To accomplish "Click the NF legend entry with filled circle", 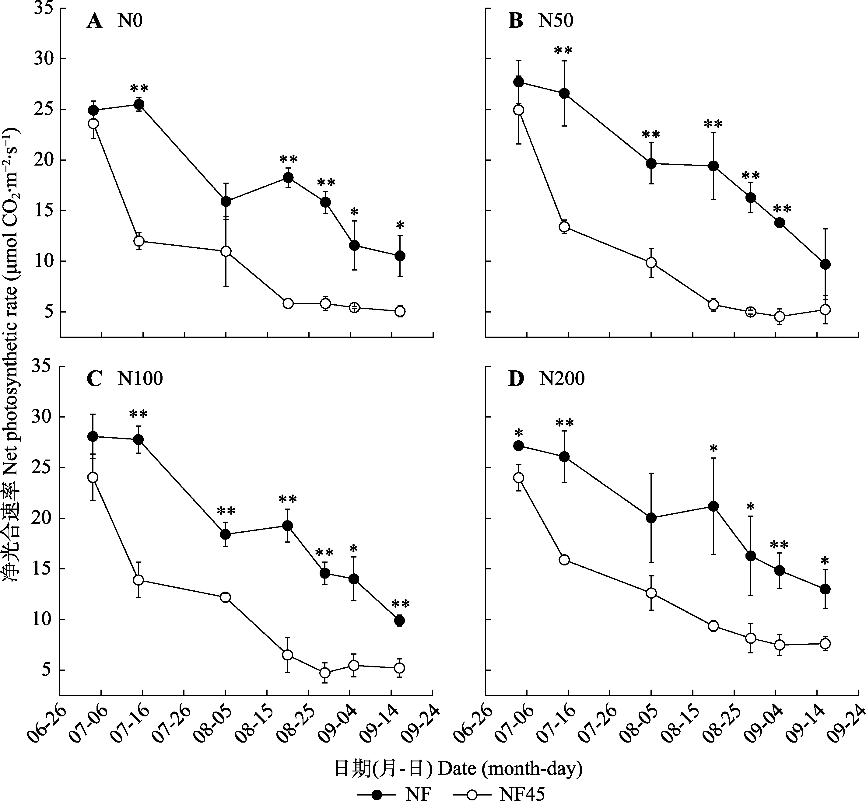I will tap(395, 794).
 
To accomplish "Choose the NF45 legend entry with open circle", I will tap(499, 794).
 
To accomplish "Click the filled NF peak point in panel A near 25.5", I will tap(139, 104).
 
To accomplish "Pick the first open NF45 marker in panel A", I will tap(93, 124).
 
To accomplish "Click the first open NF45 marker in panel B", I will tap(518, 110).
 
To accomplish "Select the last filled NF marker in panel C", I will tap(400, 621).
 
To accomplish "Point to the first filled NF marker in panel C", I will tap(93, 436).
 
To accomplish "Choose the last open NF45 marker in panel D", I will tap(825, 644).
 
